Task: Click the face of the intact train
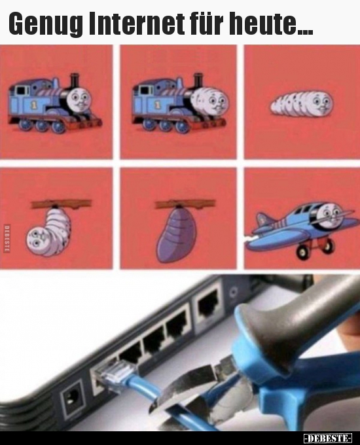click(x=80, y=100)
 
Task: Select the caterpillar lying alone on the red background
click(x=302, y=103)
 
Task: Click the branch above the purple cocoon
click(x=185, y=204)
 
